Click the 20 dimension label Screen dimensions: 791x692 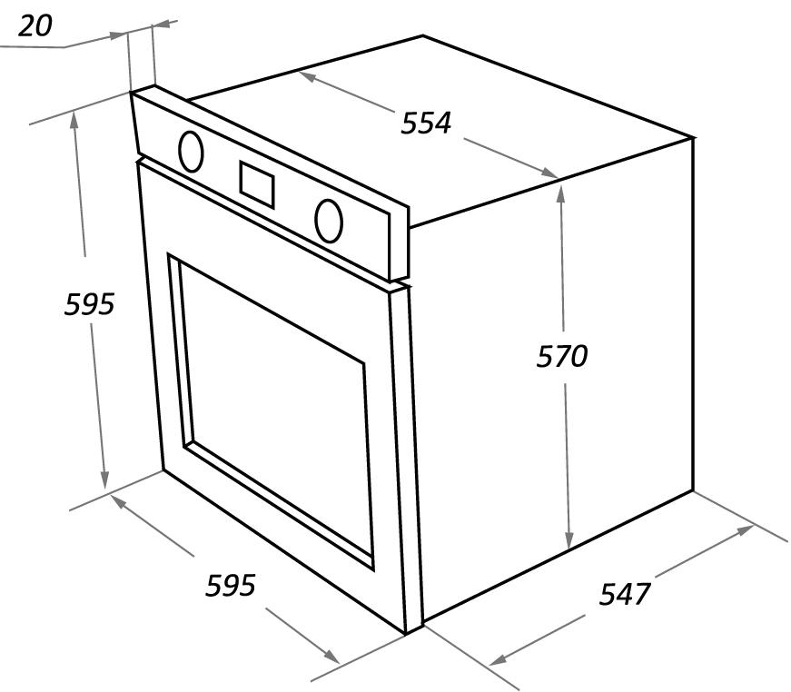(x=35, y=25)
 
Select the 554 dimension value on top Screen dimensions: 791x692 (x=425, y=124)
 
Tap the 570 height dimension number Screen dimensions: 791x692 (x=561, y=356)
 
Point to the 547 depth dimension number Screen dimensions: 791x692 (x=625, y=593)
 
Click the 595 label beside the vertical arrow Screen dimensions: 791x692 (x=89, y=304)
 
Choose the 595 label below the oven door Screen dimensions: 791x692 (x=231, y=585)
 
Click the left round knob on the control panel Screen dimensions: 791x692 (x=191, y=152)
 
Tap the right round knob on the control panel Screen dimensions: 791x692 (x=329, y=221)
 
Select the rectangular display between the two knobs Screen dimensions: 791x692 (x=257, y=184)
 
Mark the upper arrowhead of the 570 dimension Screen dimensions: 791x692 (x=561, y=193)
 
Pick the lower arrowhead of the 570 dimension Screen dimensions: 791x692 (x=569, y=539)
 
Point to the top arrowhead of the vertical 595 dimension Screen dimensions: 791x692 (x=74, y=120)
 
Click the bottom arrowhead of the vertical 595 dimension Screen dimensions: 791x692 (x=104, y=479)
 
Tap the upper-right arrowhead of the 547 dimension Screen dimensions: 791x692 (x=745, y=530)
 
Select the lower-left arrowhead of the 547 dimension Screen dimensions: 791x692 (x=499, y=658)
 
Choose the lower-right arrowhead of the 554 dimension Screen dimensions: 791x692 (x=549, y=173)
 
